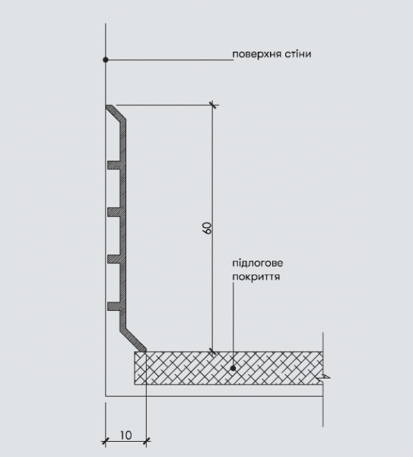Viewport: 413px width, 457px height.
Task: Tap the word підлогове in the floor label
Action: (x=258, y=264)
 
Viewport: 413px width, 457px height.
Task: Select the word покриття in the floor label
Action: (x=256, y=276)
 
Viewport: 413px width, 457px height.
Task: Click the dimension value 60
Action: (x=207, y=228)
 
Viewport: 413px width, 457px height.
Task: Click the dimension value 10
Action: (x=125, y=436)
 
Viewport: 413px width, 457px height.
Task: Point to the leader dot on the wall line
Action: (x=106, y=59)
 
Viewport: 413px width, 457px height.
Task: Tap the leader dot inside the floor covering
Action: (x=233, y=369)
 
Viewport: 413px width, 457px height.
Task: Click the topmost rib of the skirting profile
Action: (x=114, y=165)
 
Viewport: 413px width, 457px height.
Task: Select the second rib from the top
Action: (x=114, y=213)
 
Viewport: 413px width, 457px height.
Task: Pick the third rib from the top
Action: (x=114, y=260)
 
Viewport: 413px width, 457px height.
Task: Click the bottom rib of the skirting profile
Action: (x=114, y=306)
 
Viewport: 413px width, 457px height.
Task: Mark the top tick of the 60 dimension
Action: (x=213, y=104)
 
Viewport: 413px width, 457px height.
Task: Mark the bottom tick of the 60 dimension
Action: (x=213, y=352)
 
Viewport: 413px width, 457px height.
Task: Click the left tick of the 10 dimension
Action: (x=106, y=441)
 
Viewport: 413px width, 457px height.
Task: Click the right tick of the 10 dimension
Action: (x=147, y=441)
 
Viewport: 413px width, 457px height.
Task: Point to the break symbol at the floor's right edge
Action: (x=326, y=377)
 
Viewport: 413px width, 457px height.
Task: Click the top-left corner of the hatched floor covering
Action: (x=135, y=352)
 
